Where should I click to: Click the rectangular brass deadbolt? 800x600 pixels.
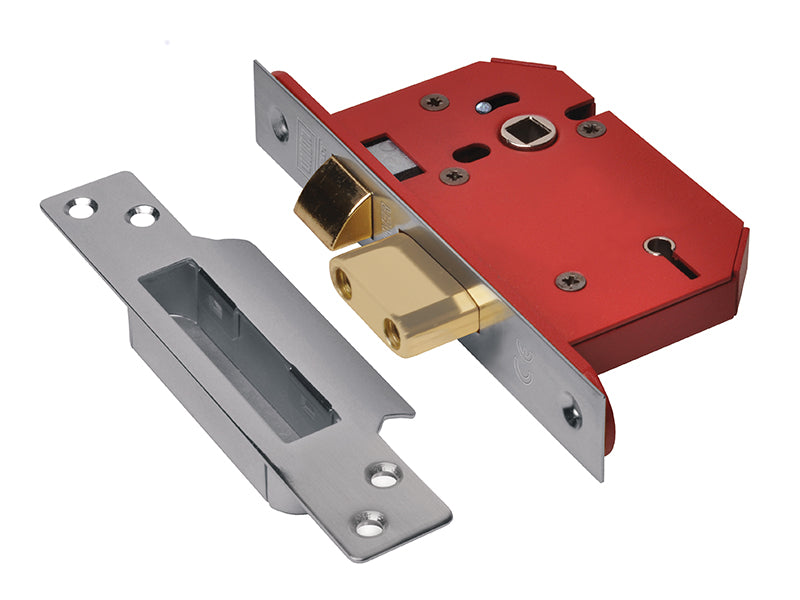[x=405, y=290]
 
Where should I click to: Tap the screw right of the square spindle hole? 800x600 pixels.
[x=590, y=127]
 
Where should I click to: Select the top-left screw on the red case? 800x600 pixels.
[x=435, y=102]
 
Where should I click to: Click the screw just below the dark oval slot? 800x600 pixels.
[x=454, y=176]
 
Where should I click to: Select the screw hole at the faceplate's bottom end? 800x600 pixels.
[x=571, y=410]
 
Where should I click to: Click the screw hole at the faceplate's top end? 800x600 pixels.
[x=281, y=127]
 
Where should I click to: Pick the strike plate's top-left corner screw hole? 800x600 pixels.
[x=79, y=208]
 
